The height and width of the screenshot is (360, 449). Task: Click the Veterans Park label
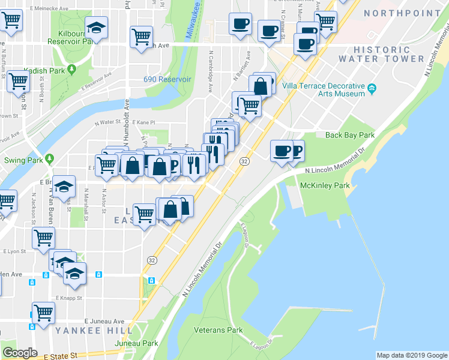[x=218, y=330]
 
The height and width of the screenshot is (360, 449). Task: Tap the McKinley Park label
[x=325, y=186]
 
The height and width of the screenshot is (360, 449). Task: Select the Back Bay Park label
[x=350, y=135]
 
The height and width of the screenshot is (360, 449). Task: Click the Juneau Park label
[x=141, y=343]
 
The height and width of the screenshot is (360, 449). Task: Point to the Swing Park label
[x=23, y=160]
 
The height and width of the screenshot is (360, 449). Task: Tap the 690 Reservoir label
[x=167, y=79]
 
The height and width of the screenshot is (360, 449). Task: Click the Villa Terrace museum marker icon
[x=372, y=89]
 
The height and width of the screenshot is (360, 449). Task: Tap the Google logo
[x=19, y=353]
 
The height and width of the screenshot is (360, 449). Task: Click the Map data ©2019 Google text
[x=412, y=355]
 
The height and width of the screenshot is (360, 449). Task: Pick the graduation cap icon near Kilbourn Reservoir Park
[x=95, y=28]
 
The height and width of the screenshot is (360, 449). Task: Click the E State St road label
[x=62, y=355]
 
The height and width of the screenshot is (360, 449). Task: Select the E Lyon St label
[x=16, y=252]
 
